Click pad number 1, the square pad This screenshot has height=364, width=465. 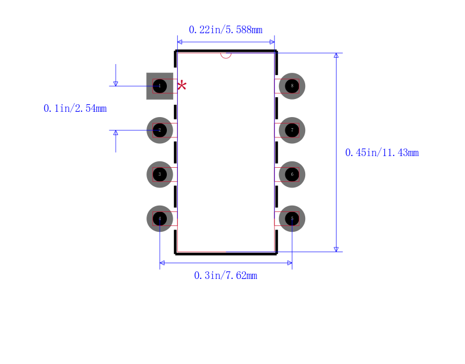click(x=160, y=86)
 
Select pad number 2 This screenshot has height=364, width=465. click(x=160, y=130)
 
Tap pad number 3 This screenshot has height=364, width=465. click(x=160, y=174)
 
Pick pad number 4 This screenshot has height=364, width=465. click(x=160, y=218)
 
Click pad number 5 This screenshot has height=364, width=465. click(x=292, y=218)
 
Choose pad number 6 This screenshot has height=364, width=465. click(x=292, y=174)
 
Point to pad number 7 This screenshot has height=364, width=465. click(x=292, y=130)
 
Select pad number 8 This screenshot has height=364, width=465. click(x=292, y=86)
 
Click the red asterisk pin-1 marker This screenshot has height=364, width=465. click(x=182, y=86)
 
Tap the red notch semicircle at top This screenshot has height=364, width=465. click(x=226, y=55)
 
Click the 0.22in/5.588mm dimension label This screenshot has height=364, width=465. click(x=226, y=30)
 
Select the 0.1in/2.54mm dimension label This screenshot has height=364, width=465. click(x=75, y=108)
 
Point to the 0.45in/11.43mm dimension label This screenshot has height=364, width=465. click(x=382, y=153)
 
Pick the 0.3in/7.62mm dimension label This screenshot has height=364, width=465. click(x=226, y=275)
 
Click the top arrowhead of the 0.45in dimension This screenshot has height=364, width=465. click(x=336, y=55)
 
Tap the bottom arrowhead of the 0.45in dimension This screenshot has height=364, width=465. click(x=336, y=249)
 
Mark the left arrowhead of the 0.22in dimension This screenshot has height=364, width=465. click(x=180, y=42)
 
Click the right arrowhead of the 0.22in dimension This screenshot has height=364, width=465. click(x=272, y=42)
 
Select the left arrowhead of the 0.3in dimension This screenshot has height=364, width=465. click(x=162, y=263)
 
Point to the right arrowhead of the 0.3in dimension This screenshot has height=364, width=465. click(x=289, y=263)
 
